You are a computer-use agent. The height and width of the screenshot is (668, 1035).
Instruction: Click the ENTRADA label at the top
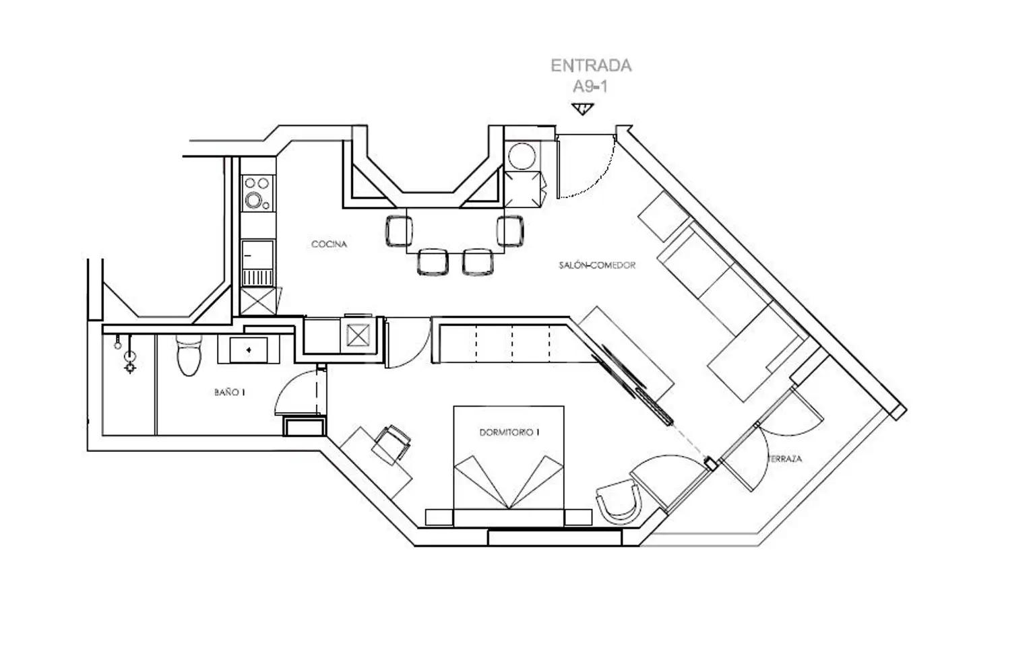(x=591, y=65)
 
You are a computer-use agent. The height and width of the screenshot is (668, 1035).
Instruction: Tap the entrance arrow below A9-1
(x=582, y=109)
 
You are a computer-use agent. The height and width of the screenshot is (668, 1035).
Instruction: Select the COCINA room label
(x=329, y=244)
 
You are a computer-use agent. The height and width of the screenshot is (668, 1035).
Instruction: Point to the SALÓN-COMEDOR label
(x=597, y=265)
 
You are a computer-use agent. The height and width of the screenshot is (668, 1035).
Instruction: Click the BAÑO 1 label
(x=230, y=393)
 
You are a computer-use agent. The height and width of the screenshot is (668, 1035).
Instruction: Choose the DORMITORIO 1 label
(x=509, y=432)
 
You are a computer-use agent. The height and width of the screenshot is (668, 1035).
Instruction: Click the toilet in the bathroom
(x=189, y=356)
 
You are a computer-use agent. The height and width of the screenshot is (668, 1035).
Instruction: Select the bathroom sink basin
(x=249, y=350)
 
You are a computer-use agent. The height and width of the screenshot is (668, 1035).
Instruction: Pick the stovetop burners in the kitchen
(x=257, y=193)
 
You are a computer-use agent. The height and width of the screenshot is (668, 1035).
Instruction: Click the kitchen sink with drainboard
(x=257, y=263)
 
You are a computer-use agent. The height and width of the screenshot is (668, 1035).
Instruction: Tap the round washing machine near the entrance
(x=522, y=156)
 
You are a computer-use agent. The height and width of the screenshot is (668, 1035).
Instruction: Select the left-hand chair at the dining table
(x=399, y=231)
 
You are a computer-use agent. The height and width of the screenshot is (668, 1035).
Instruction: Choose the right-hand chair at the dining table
(x=510, y=231)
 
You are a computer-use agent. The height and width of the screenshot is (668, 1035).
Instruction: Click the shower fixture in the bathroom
(x=130, y=356)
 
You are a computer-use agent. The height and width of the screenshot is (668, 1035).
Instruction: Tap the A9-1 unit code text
(x=590, y=86)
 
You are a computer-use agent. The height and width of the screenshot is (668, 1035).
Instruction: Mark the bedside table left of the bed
(x=439, y=518)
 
